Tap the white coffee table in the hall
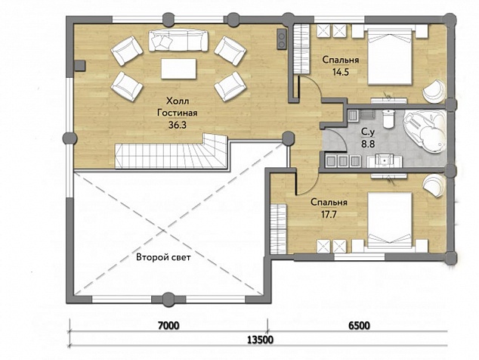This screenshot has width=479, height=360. coord(179,69)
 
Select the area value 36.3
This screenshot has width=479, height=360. coord(178,125)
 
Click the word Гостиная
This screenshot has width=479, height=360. coord(178,113)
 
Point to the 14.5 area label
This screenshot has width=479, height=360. coord(340,72)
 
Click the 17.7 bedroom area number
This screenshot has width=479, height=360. coord(329,214)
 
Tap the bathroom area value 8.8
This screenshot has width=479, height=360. coord(368,144)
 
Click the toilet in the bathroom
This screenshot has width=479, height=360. coord(388,119)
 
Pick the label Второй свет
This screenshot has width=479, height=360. coord(163,257)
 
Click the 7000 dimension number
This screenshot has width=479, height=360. coord(169,325)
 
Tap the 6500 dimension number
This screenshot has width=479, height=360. coord(360,325)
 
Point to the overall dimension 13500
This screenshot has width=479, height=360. coord(260,340)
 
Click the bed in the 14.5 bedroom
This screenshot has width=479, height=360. coord(390,56)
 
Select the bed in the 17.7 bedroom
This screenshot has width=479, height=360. coord(390,219)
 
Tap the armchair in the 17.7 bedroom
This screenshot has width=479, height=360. coord(434,184)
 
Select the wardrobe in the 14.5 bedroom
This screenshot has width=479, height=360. coord(301,50)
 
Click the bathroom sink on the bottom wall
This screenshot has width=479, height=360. coord(385,161)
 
